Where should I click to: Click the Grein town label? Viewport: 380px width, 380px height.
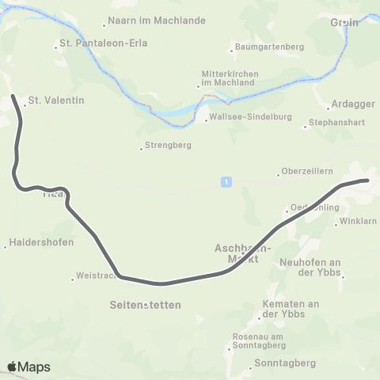click(344, 23)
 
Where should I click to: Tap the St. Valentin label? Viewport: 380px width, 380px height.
click(55, 101)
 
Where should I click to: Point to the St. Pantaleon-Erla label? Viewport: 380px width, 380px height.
click(93, 43)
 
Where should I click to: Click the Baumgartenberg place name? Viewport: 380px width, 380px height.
click(270, 47)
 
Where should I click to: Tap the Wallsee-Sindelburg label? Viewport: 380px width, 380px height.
click(242, 120)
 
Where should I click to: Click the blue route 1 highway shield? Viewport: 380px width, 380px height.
click(226, 182)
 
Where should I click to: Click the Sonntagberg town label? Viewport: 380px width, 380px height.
click(285, 363)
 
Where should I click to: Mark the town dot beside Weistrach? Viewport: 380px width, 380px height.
click(71, 277)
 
